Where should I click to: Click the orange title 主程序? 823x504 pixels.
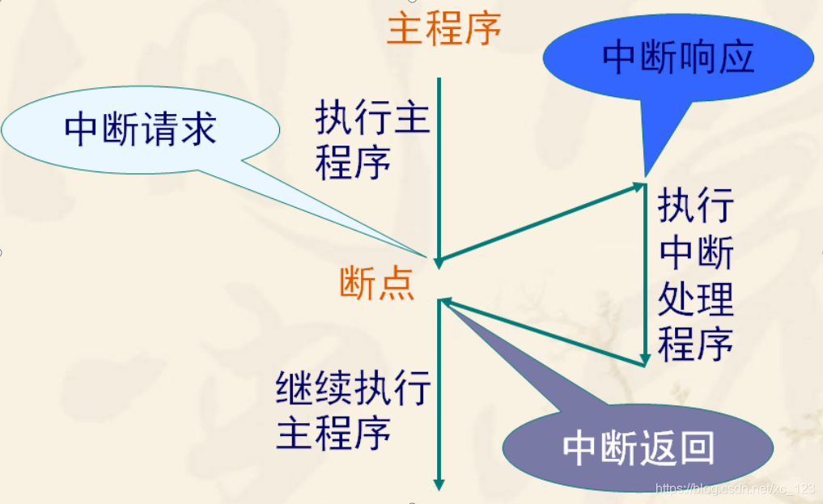click(443, 30)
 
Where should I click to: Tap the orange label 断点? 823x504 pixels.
click(377, 284)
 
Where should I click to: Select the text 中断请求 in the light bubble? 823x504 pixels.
click(141, 129)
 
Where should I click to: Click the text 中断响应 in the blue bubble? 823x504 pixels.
click(678, 58)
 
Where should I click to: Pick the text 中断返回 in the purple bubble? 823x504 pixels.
click(638, 450)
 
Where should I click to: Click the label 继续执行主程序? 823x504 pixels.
click(354, 410)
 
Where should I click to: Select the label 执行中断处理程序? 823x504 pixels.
click(695, 275)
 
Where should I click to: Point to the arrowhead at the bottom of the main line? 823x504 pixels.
click(439, 485)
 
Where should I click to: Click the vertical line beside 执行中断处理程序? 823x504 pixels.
click(645, 275)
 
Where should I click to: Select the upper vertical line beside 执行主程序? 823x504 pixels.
click(439, 162)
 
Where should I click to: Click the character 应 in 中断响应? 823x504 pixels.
click(735, 58)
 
